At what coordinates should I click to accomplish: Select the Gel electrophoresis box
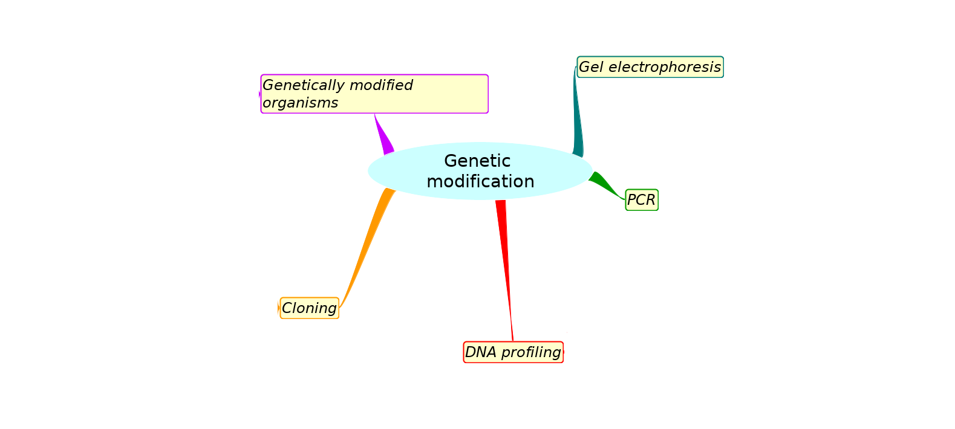pos(650,67)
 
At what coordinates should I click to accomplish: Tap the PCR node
pos(642,200)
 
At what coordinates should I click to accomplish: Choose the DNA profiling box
pos(513,352)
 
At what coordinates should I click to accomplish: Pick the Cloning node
pos(309,308)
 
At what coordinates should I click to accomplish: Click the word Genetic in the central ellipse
pos(477,161)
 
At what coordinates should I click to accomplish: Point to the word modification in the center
pos(480,181)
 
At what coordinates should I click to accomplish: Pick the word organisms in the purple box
pos(301,103)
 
